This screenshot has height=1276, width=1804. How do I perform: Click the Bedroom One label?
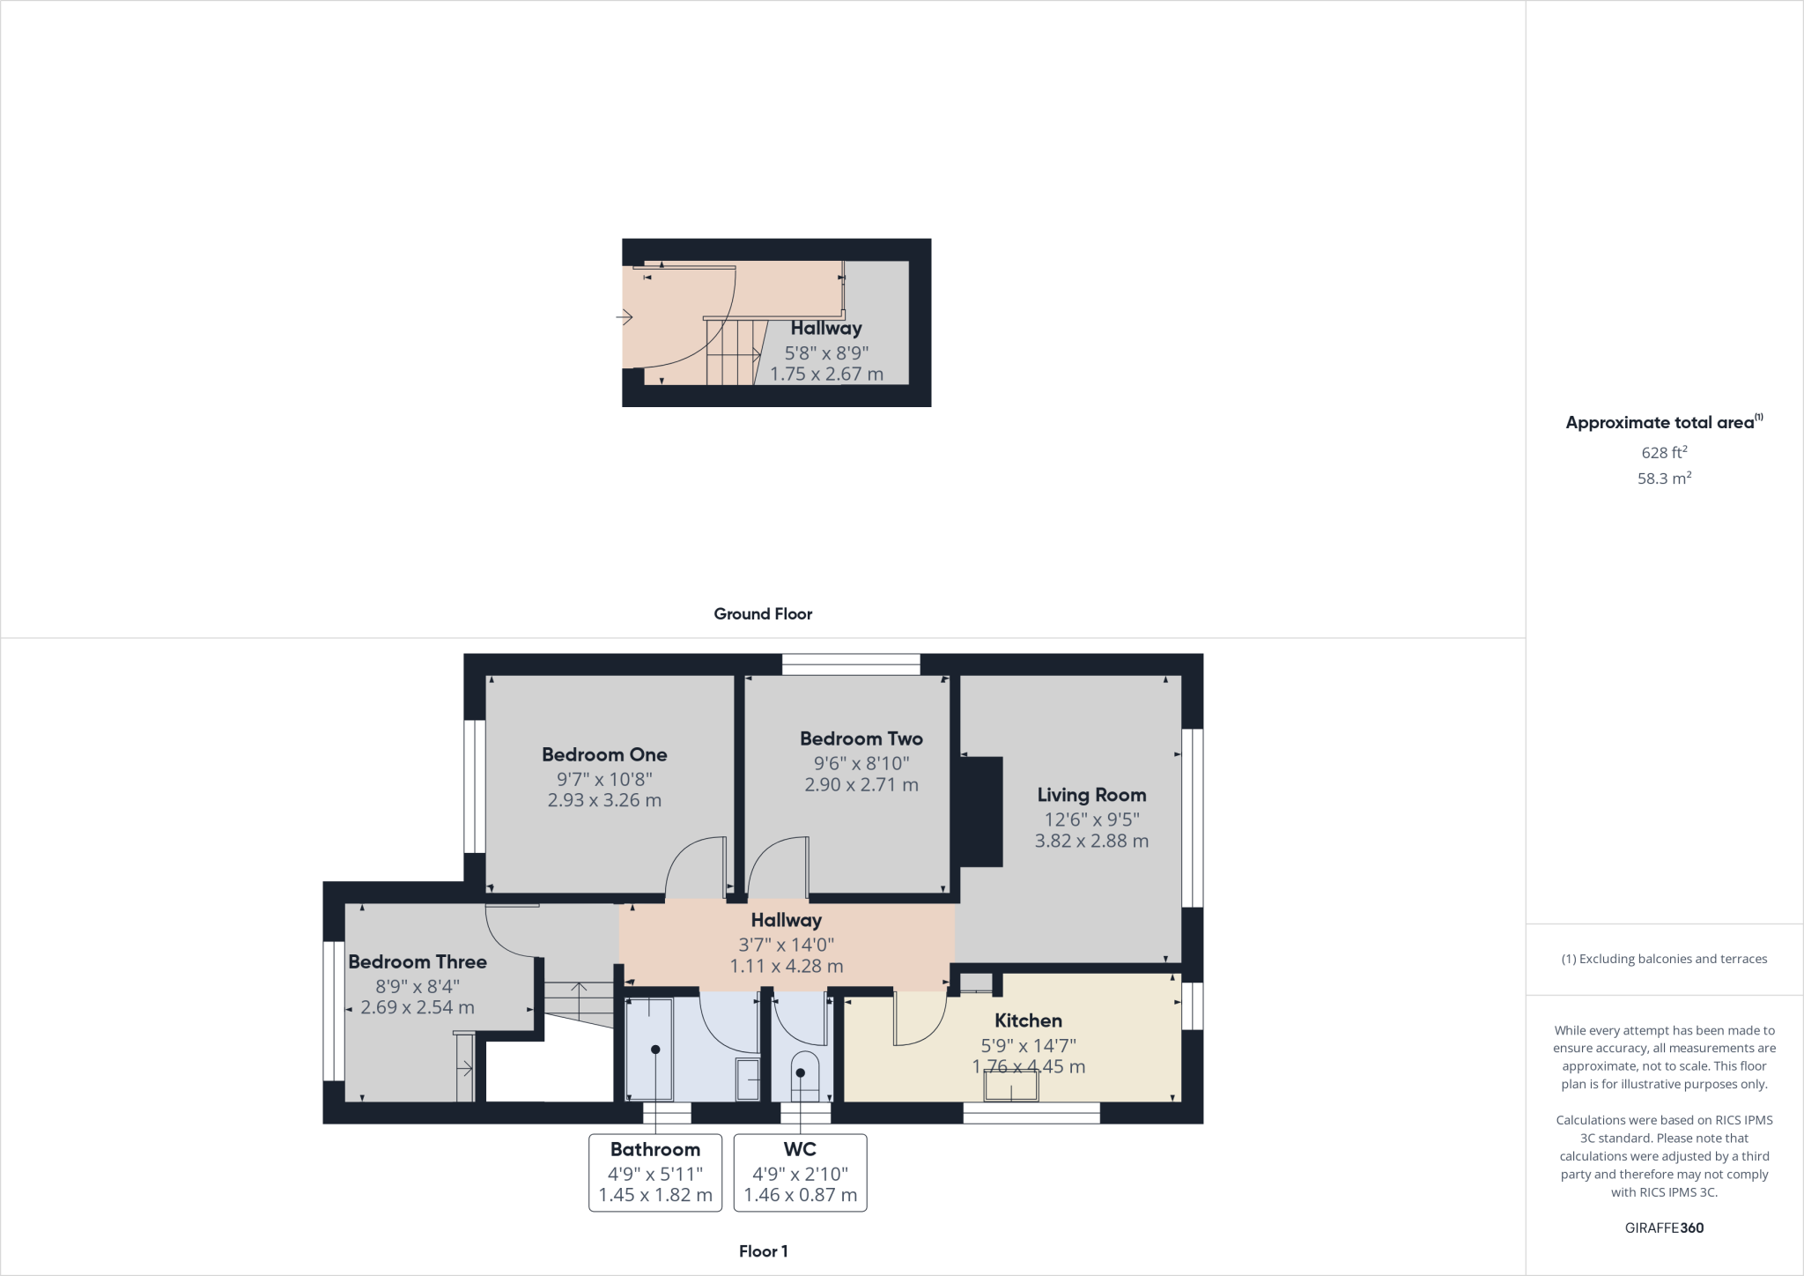pyautogui.click(x=604, y=754)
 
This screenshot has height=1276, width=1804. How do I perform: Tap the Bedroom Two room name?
pyautogui.click(x=861, y=738)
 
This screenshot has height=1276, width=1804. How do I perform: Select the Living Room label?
pyautogui.click(x=1091, y=795)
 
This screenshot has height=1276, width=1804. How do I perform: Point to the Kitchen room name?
pyautogui.click(x=1028, y=1020)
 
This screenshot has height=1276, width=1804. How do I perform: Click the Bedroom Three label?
pyautogui.click(x=418, y=961)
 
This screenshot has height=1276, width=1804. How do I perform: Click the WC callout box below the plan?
pyautogui.click(x=800, y=1172)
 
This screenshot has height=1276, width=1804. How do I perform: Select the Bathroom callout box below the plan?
pyautogui.click(x=655, y=1172)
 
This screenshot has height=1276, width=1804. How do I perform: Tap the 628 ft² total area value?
pyautogui.click(x=1664, y=452)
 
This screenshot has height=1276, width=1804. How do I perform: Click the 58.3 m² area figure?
pyautogui.click(x=1664, y=478)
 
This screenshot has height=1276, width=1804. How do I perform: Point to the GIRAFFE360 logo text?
pyautogui.click(x=1664, y=1228)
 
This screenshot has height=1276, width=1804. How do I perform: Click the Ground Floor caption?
pyautogui.click(x=763, y=614)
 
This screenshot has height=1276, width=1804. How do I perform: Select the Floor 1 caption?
pyautogui.click(x=763, y=1251)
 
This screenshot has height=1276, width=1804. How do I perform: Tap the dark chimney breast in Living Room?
pyautogui.click(x=981, y=812)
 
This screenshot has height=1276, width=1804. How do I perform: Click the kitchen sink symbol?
pyautogui.click(x=1010, y=1087)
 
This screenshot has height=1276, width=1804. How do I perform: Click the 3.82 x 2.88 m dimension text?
pyautogui.click(x=1091, y=841)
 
